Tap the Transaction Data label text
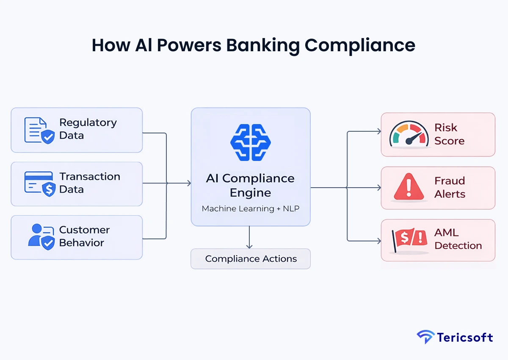[x=89, y=183]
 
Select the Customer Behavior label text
[x=84, y=236]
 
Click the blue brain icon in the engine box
[x=250, y=142]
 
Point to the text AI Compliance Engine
[x=250, y=186]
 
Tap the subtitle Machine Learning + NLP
[x=250, y=209]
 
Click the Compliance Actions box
[x=251, y=259]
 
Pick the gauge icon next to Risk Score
[x=406, y=134]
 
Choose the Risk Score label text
[x=449, y=134]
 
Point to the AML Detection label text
[x=458, y=239]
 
